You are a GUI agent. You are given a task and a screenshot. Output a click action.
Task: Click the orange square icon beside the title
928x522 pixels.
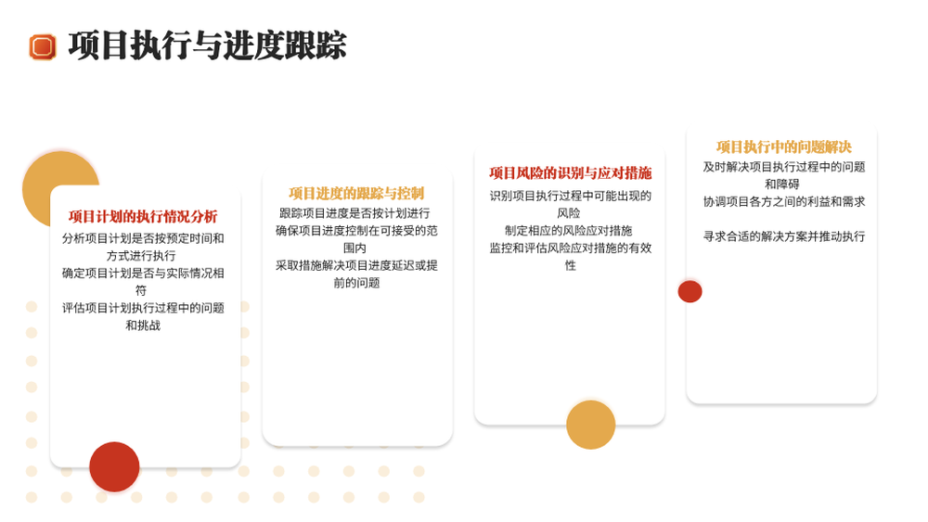tap(43, 46)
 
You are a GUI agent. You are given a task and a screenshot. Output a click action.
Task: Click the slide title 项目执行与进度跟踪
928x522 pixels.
tap(207, 45)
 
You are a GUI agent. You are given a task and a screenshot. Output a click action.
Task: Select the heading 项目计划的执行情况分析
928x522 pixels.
tap(143, 216)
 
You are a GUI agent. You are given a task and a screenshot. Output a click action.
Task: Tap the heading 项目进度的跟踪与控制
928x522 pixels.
tap(356, 193)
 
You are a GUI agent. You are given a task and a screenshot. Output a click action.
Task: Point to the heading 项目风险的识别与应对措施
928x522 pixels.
tap(570, 172)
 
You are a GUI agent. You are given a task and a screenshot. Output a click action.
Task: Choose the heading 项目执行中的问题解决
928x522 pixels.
tap(783, 146)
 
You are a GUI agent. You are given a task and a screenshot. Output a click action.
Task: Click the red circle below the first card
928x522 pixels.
tap(114, 466)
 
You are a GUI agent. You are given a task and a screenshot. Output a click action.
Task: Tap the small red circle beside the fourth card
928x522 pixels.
tap(690, 291)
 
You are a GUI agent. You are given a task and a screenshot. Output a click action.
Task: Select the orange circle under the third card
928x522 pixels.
tap(590, 425)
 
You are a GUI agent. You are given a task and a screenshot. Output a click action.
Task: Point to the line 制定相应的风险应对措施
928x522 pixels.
tap(569, 231)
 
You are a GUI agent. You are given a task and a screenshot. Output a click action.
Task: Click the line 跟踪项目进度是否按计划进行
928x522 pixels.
tap(354, 213)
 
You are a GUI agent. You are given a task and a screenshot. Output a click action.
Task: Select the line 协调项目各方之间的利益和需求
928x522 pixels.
tap(784, 201)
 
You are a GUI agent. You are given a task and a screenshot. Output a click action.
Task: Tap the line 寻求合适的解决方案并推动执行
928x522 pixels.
tap(784, 236)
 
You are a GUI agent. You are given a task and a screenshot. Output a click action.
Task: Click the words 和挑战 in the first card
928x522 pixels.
tap(143, 325)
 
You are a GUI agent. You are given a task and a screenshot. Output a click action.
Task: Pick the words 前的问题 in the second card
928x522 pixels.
tap(356, 283)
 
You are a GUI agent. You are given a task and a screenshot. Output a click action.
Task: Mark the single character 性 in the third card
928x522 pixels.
tap(570, 265)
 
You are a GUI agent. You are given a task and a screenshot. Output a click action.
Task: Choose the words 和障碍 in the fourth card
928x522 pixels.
tap(781, 184)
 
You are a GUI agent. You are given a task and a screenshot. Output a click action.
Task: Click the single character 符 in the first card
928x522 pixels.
tap(141, 290)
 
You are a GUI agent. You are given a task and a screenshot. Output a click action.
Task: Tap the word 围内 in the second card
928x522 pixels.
tap(354, 248)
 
